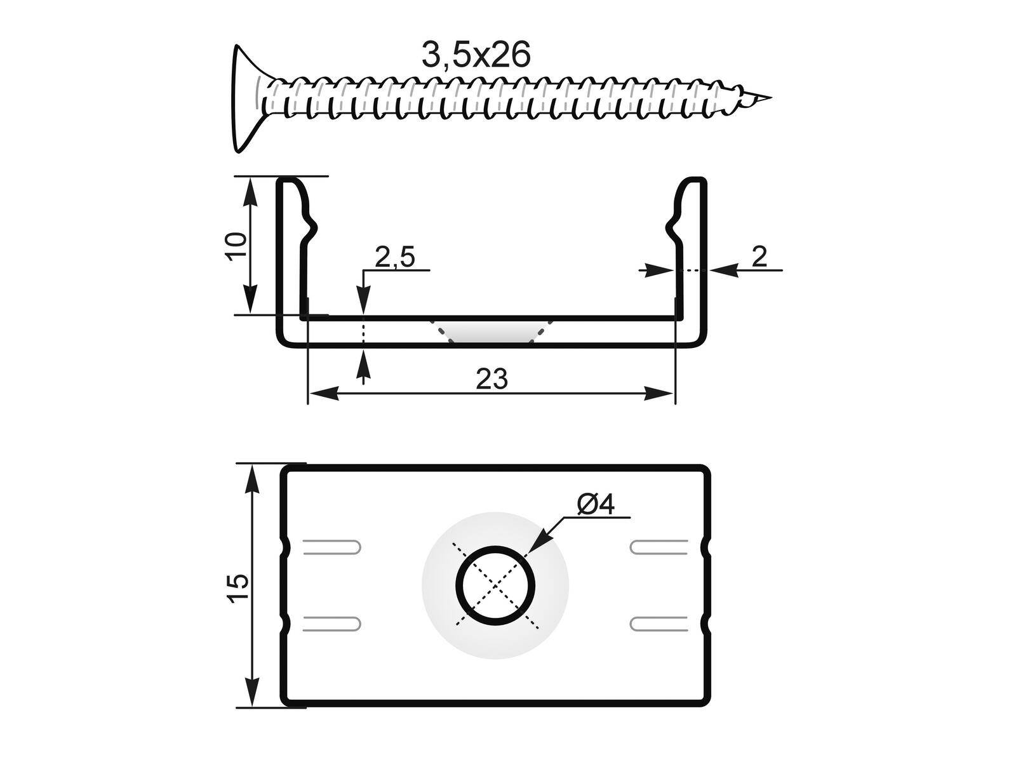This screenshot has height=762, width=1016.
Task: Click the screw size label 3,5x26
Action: [476, 55]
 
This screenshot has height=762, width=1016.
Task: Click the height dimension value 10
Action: [236, 245]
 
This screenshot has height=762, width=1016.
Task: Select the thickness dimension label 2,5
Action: [394, 257]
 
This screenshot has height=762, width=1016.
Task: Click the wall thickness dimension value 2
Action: [759, 256]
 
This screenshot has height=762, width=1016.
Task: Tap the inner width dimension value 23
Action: [492, 379]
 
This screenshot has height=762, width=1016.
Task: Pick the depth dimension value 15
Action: [236, 588]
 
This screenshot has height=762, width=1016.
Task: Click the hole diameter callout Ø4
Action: [596, 504]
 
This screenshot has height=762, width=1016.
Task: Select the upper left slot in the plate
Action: [332, 547]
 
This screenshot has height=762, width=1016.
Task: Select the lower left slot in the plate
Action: [332, 623]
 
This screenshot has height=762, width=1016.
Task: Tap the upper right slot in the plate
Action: [659, 547]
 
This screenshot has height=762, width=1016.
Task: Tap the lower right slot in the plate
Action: [659, 623]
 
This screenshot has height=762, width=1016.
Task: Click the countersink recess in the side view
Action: [490, 330]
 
